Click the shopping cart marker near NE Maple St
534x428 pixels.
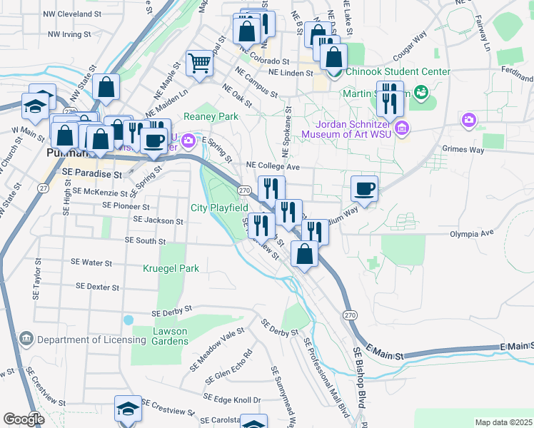coord(200,63)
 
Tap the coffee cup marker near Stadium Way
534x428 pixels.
coord(364,189)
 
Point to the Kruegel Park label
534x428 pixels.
coord(171,268)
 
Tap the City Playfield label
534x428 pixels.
coord(219,208)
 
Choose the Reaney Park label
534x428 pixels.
coord(211,116)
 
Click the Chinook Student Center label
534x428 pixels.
coord(398,71)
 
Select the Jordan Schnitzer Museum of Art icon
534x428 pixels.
coord(402,128)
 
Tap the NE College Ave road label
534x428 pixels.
coord(272,165)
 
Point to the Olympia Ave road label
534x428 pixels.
coord(471,233)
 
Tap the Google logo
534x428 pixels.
coord(24,419)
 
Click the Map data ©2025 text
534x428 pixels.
coord(503,422)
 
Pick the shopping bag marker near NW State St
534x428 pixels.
coord(106,88)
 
